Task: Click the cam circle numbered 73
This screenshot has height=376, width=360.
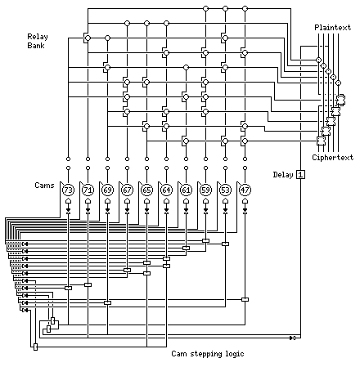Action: coord(68,190)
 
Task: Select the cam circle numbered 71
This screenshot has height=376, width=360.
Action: coord(88,190)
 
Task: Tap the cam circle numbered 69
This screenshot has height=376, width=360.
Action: coord(107,190)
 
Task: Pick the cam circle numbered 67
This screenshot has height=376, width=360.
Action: coord(127,190)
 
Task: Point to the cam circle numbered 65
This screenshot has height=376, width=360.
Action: coord(146,190)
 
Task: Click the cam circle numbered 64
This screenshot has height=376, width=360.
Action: coord(166,190)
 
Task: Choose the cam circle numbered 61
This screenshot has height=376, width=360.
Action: coord(186,190)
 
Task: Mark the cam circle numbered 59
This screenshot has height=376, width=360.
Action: coord(205,190)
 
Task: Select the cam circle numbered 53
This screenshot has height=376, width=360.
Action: coord(225,190)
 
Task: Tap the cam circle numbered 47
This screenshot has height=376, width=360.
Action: coord(245,190)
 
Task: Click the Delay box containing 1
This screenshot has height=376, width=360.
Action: coord(300,174)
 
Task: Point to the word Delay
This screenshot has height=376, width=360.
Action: coord(283,175)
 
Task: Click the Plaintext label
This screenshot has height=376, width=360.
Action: coord(333,27)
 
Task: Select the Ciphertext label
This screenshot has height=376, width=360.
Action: coord(333,158)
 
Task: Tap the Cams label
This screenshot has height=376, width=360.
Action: coord(44,186)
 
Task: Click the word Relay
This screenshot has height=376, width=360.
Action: coord(38,37)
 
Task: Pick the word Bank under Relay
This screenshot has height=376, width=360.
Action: coord(36,45)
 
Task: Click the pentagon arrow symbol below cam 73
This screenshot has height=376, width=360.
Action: coord(68,201)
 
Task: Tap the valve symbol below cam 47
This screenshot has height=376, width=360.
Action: coord(245,211)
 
